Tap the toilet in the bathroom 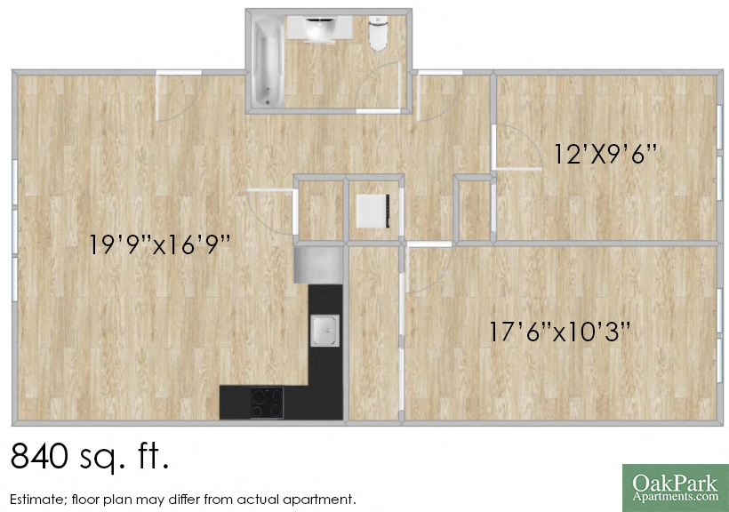(380, 34)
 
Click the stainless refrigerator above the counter (317, 264)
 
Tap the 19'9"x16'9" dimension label (160, 244)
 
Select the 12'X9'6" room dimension (605, 154)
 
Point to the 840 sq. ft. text (89, 457)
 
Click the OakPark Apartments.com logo (675, 487)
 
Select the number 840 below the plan (41, 457)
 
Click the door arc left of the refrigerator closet (271, 212)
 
